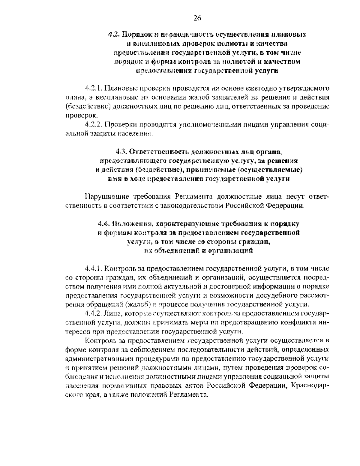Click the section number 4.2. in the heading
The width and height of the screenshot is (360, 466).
tap(114, 34)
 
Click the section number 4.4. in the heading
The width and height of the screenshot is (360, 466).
tap(104, 224)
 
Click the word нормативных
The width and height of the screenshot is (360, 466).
tap(121, 386)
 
